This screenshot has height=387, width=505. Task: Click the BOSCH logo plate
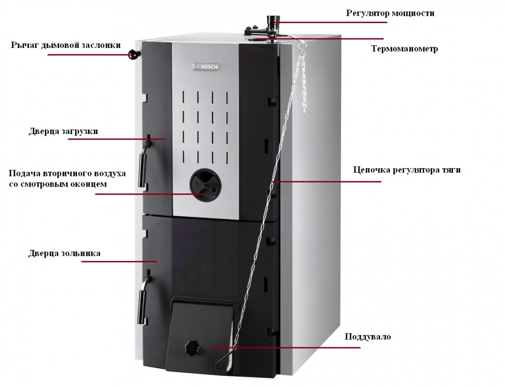tap(206, 67)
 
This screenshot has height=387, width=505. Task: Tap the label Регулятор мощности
tap(390, 13)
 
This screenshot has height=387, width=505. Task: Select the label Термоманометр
tap(405, 48)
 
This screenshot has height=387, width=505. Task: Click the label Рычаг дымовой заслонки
tap(66, 45)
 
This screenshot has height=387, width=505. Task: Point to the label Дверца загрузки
tap(64, 131)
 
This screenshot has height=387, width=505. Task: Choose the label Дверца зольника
tap(65, 253)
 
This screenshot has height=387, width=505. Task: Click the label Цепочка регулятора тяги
tap(407, 170)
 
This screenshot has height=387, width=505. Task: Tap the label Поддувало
tap(368, 337)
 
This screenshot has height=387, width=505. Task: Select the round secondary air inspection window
tap(203, 185)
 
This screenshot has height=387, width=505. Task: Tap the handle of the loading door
tap(143, 161)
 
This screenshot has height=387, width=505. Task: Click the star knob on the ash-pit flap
tap(192, 348)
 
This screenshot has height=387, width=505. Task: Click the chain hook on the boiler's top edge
tap(301, 45)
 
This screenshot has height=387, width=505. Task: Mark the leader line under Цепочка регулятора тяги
tap(327, 181)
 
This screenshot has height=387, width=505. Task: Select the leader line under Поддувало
tap(286, 348)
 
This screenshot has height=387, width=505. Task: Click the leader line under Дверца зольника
tap(119, 262)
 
